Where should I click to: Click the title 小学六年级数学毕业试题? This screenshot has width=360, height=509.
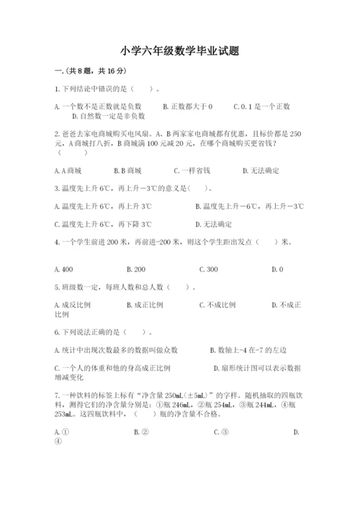pos(180,51)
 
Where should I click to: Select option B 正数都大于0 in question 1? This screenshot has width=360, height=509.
pos(188,107)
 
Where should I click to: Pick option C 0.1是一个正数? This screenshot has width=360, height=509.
pos(261,107)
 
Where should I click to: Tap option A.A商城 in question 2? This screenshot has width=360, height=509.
pos(68,171)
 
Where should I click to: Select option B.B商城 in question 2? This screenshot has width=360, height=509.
pos(127,171)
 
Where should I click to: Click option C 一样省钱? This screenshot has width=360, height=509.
pos(192,171)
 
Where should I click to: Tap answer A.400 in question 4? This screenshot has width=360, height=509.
pos(63,269)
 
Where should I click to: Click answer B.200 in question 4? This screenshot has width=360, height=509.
pos(136,269)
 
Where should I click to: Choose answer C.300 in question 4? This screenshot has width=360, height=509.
pos(208,269)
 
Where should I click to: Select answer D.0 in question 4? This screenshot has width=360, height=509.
pos(277,269)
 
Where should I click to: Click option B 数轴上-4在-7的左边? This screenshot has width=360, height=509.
pos(248,350)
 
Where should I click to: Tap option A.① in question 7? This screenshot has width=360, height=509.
pos(61,432)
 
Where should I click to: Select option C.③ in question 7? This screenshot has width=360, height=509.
pos(221,432)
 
